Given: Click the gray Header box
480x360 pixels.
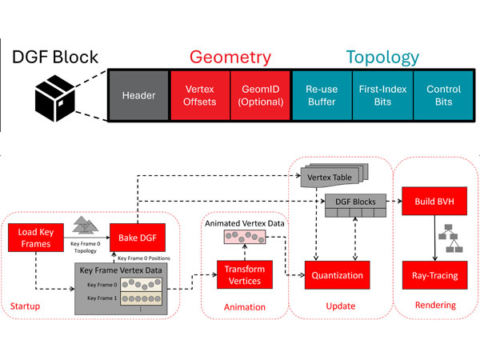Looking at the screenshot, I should [138, 96].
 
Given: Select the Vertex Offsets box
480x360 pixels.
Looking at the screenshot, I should [200, 96].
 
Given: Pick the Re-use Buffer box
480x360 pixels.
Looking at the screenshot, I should [322, 96].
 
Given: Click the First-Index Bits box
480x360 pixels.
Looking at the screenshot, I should [382, 96].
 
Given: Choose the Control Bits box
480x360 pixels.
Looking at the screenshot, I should [443, 96].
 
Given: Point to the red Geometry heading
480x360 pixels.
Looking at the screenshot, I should [230, 57].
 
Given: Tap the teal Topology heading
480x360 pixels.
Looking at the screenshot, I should [382, 57].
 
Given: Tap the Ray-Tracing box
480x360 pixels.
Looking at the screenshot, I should [434, 275].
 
